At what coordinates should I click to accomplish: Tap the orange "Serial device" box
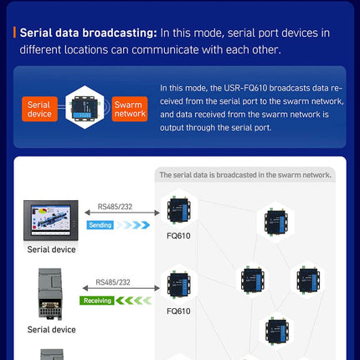tap(39, 108)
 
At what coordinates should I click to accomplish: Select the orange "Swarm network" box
tap(129, 108)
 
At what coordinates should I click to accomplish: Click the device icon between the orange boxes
tap(85, 107)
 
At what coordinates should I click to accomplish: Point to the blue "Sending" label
tap(100, 225)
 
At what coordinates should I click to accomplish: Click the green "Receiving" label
tap(96, 300)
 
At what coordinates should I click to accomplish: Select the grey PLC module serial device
tap(51, 293)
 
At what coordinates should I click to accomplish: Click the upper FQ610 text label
tap(178, 236)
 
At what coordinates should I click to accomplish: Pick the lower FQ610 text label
tap(178, 311)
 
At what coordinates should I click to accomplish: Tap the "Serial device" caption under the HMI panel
tap(51, 249)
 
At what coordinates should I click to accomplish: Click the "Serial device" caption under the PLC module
tap(51, 330)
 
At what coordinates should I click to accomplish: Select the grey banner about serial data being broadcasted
tap(244, 175)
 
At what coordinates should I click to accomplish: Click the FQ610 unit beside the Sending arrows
tap(179, 211)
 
